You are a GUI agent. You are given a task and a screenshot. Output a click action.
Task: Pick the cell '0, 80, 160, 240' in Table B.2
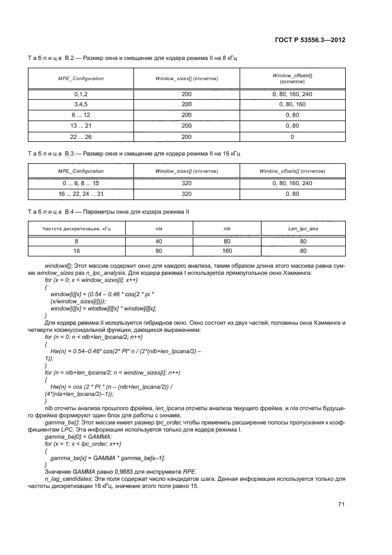click(x=292, y=94)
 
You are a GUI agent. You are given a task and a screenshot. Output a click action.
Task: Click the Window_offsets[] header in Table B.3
click(x=292, y=172)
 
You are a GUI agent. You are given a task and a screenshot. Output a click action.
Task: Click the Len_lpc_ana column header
click(x=303, y=228)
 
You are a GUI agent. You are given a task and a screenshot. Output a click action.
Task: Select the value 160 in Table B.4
click(x=227, y=250)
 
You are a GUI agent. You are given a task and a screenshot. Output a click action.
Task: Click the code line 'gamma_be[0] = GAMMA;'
click(x=74, y=437)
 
